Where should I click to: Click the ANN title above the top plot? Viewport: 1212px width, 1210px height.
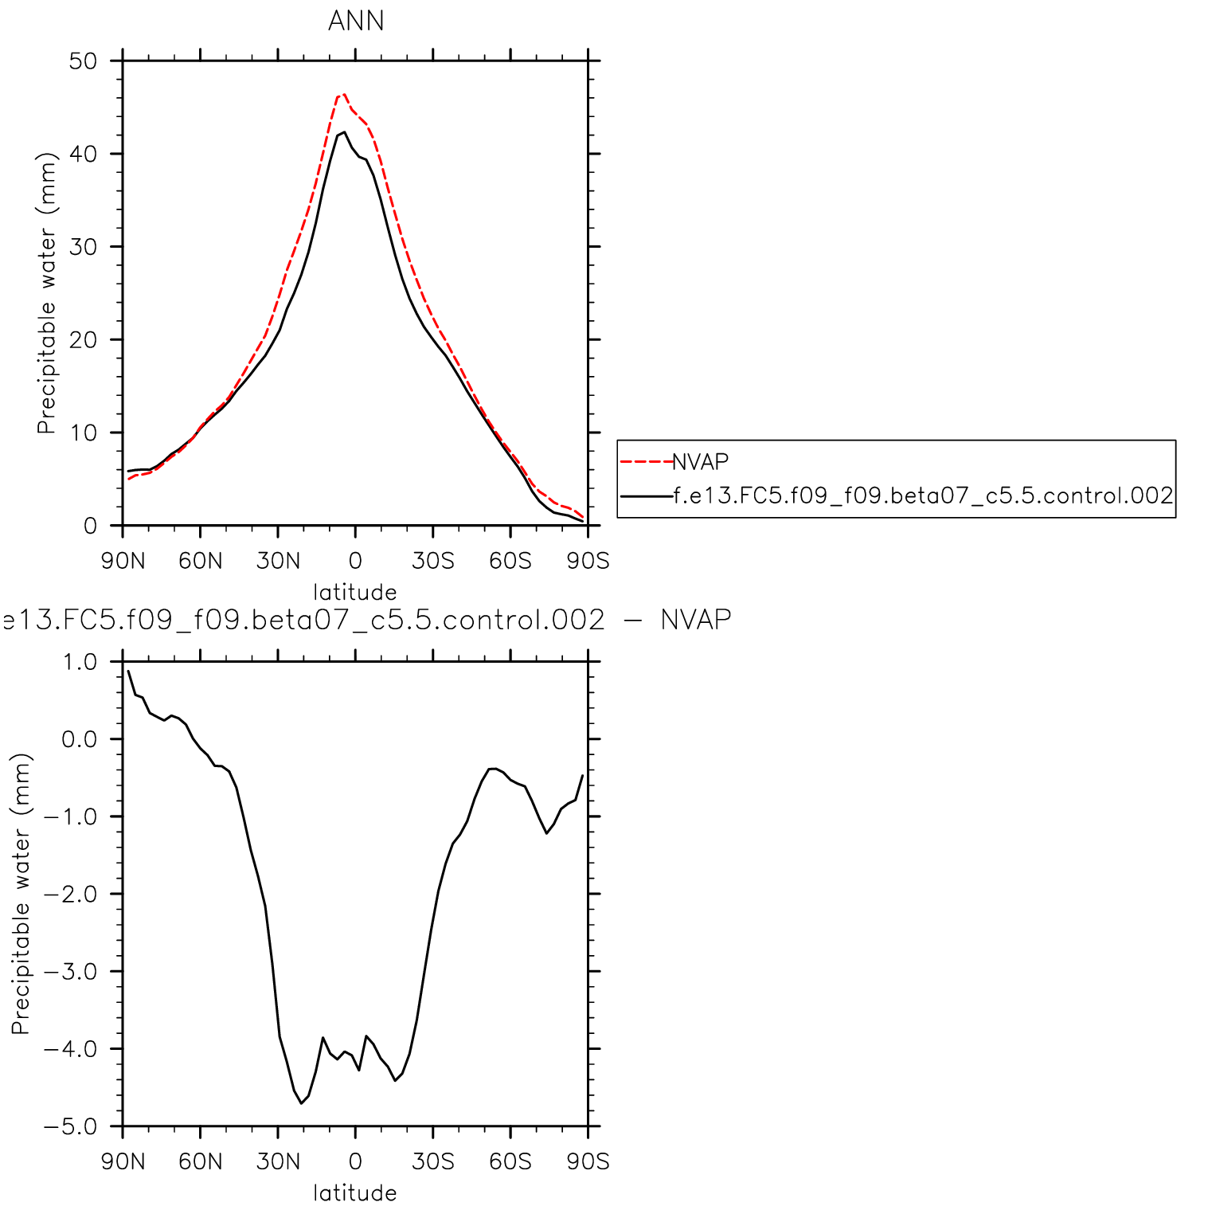click(356, 21)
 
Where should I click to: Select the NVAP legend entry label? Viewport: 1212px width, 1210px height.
click(700, 462)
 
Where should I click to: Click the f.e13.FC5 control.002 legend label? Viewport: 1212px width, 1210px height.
click(923, 496)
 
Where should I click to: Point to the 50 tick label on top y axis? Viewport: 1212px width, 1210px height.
click(83, 61)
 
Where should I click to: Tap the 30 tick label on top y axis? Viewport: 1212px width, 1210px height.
click(83, 247)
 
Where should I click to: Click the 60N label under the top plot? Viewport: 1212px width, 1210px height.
click(200, 561)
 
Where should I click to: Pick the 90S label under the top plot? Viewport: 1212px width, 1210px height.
click(588, 561)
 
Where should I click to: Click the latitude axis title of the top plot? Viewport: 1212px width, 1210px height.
click(354, 592)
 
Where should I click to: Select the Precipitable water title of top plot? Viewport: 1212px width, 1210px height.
click(47, 293)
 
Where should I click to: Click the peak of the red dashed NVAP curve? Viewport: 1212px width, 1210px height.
click(343, 94)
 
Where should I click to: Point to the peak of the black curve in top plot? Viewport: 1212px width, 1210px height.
click(344, 132)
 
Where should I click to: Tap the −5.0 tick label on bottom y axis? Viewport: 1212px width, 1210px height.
click(70, 1126)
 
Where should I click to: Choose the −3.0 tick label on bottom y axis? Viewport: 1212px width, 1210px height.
click(70, 972)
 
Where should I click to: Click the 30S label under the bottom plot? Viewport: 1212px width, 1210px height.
click(432, 1161)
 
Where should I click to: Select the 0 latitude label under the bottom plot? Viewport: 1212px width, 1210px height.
click(355, 1161)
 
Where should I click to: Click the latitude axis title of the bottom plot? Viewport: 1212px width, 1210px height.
click(354, 1192)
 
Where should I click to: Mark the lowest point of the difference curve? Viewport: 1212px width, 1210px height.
click(301, 1103)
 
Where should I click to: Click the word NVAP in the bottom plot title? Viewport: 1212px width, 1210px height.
click(695, 620)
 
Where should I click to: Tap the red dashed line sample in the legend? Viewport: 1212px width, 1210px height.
click(646, 462)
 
